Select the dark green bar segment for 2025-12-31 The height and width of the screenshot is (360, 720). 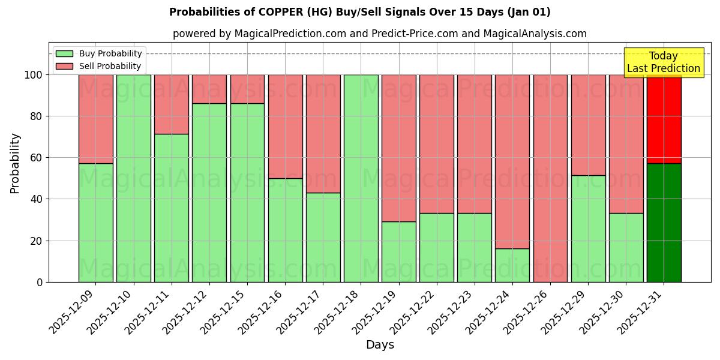(664, 223)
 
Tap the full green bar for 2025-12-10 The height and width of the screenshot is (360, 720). (133, 178)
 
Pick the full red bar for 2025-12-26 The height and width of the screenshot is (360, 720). (550, 178)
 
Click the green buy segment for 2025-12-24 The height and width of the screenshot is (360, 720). (512, 265)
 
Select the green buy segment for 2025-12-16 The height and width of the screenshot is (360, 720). (285, 230)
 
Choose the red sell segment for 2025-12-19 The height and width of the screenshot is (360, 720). (398, 148)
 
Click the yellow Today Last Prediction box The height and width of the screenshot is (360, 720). (663, 62)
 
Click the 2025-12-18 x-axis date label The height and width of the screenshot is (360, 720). (338, 311)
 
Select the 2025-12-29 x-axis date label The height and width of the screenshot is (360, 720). (565, 311)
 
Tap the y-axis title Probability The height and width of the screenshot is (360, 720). (15, 163)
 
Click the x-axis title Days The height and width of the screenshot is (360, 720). (380, 345)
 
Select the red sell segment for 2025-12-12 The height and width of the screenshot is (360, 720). (209, 89)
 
